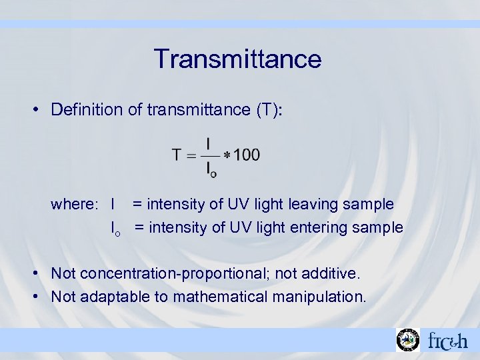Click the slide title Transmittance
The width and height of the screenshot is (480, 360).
(x=237, y=59)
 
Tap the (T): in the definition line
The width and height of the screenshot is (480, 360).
(x=269, y=110)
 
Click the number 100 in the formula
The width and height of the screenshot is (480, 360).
(x=247, y=155)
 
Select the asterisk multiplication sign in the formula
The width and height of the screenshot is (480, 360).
(x=227, y=155)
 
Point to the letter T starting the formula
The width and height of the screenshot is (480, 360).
(x=177, y=155)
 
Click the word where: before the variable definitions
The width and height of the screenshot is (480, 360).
(x=74, y=203)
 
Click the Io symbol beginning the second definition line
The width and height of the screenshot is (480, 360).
(x=115, y=229)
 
